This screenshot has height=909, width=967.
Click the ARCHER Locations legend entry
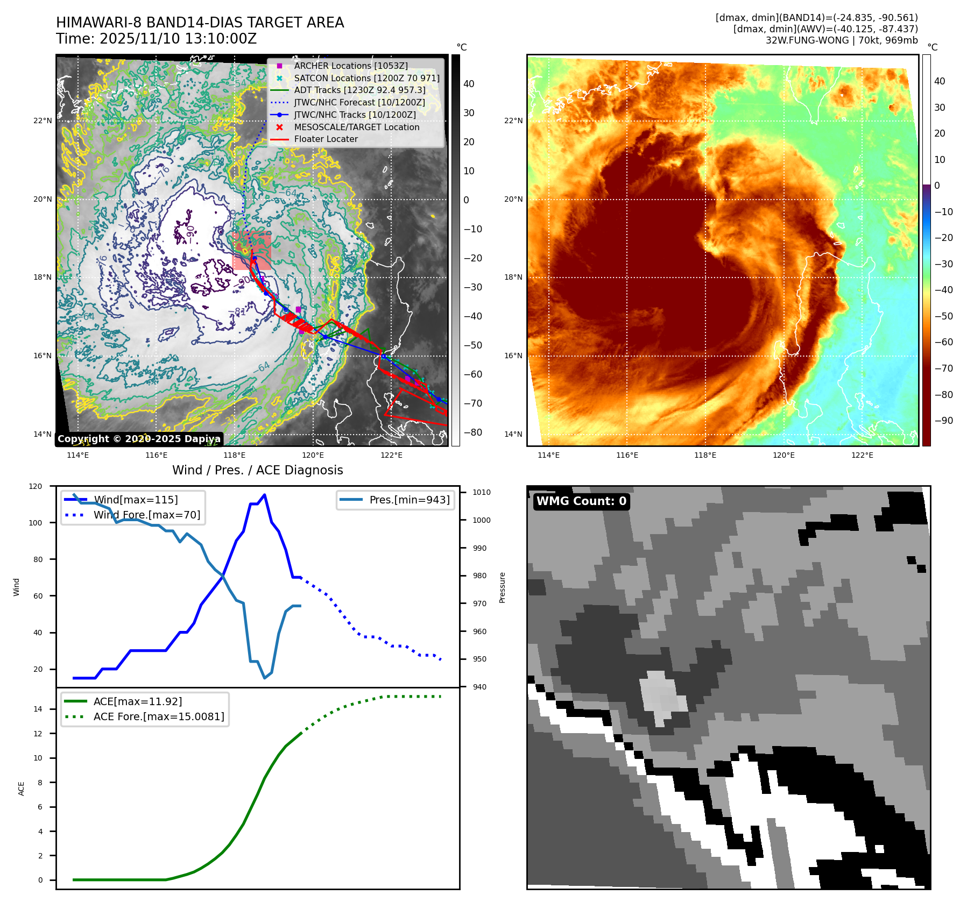[x=350, y=66]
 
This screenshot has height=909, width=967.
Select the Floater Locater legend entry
[x=326, y=139]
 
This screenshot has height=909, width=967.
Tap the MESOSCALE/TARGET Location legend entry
[x=356, y=127]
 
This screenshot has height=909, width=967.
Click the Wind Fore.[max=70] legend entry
[x=146, y=515]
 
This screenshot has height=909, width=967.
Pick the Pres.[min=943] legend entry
[x=409, y=500]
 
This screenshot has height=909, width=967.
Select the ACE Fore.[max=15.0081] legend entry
[x=158, y=716]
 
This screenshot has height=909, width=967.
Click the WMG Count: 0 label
[x=581, y=501]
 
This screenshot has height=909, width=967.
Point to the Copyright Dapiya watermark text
[x=139, y=439]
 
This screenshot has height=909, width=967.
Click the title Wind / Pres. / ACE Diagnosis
[x=257, y=470]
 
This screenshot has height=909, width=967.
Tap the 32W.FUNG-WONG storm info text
[x=841, y=40]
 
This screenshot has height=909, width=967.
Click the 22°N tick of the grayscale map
[x=43, y=120]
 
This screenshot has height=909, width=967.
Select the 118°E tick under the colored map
[x=705, y=455]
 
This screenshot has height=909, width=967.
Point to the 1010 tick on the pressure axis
[x=481, y=492]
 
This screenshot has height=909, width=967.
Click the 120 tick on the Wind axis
[x=36, y=486]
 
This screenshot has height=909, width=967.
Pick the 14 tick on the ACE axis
[x=38, y=709]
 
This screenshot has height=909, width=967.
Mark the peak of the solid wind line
[x=264, y=495]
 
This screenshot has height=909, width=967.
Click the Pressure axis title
[x=502, y=587]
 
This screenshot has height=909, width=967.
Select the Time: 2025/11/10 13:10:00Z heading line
[x=156, y=39]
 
